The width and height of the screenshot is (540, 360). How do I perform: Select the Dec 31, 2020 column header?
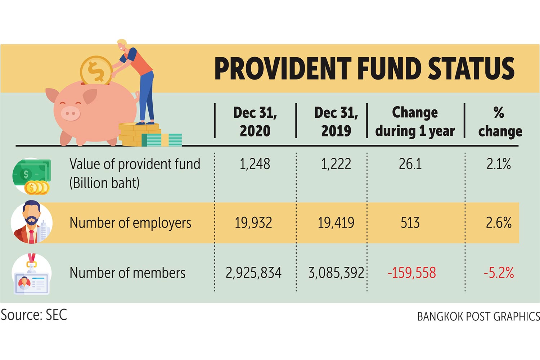point(255,121)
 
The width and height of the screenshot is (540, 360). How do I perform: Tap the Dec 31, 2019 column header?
point(336,121)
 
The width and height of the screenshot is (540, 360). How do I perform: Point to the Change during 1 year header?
point(415,121)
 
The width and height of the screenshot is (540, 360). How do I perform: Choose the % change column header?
point(500,122)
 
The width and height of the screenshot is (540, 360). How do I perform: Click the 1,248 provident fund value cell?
point(255,164)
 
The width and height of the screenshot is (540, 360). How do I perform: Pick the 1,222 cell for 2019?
point(336,164)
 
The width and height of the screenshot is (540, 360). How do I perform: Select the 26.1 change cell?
point(410,164)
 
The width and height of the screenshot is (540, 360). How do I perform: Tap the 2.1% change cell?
point(499,164)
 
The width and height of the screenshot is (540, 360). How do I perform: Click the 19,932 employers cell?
point(253,223)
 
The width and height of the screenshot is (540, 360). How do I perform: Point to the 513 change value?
point(410,223)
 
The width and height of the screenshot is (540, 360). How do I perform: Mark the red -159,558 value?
point(411,273)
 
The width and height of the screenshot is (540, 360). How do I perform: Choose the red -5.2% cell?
point(499,273)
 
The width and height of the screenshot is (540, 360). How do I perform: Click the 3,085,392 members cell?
point(336,273)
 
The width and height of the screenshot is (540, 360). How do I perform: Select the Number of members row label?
point(127,273)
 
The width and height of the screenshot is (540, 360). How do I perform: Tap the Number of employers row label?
point(130,223)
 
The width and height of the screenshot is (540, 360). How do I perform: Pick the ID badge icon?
point(31,275)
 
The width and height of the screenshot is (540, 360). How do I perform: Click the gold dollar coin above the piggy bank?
point(96,71)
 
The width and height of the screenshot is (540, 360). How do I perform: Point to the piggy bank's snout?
point(70,114)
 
